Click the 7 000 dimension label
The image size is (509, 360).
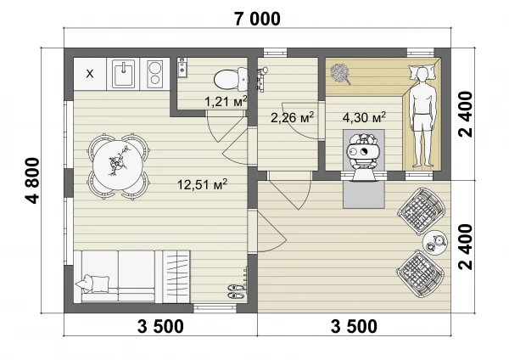pyautogui.click(x=257, y=20)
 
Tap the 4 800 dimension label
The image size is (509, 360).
pyautogui.click(x=32, y=181)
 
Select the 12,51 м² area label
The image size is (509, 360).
pyautogui.click(x=202, y=184)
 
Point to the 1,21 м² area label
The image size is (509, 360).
pyautogui.click(x=226, y=101)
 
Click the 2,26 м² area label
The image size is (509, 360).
pyautogui.click(x=292, y=117)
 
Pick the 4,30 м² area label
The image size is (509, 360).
pyautogui.click(x=364, y=117)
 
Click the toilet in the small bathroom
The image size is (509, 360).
pyautogui.click(x=231, y=79)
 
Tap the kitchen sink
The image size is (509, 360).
pyautogui.click(x=123, y=74)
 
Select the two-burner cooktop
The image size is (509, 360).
pyautogui.click(x=154, y=74)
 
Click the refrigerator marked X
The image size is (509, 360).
pyautogui.click(x=90, y=74)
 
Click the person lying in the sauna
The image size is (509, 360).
pyautogui.click(x=422, y=117)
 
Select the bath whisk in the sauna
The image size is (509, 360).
pyautogui.click(x=340, y=74)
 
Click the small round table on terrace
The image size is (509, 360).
pyautogui.click(x=435, y=242)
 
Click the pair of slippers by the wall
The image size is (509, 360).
pyautogui.click(x=237, y=291)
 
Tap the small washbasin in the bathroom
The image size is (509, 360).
pyautogui.click(x=182, y=68)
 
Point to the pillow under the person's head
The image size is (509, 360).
pyautogui.click(x=422, y=71)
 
